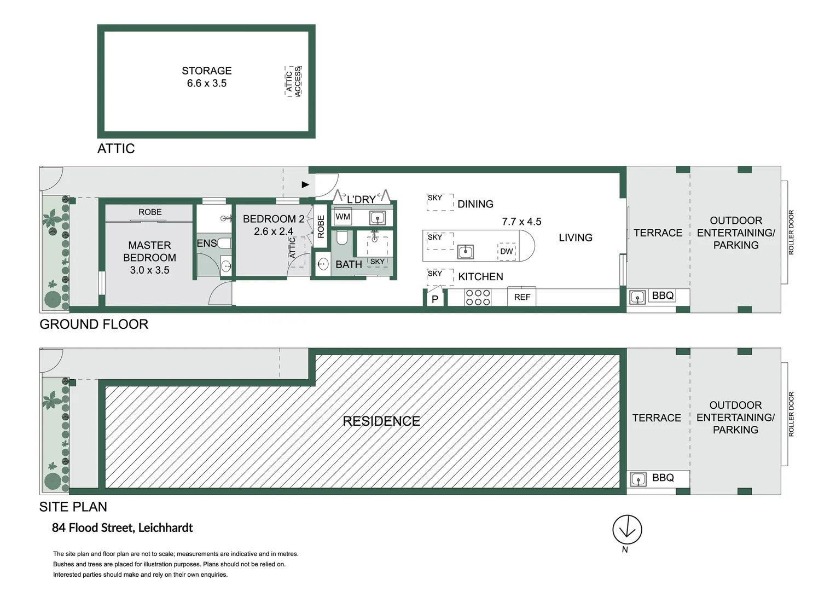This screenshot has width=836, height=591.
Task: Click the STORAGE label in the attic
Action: [x=206, y=71]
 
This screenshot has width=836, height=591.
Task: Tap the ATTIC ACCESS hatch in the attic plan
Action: [x=293, y=82]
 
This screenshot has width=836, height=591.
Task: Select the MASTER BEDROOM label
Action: [x=149, y=251]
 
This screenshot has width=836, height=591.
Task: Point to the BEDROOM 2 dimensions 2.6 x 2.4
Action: [x=273, y=231]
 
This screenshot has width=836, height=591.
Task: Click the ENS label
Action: [x=206, y=244]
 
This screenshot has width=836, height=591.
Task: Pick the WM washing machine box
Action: [x=342, y=217]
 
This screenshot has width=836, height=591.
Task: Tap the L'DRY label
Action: [x=361, y=200]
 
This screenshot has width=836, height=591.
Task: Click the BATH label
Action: [x=349, y=265]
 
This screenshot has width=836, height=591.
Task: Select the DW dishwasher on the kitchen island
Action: [x=507, y=252]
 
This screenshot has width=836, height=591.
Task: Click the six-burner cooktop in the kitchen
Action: [x=478, y=298]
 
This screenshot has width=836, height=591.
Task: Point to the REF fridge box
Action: [x=522, y=297]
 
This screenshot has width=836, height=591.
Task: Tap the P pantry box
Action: [x=435, y=299]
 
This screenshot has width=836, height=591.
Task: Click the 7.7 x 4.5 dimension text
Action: [x=521, y=222]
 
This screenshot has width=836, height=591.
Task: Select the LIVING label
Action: [x=575, y=237]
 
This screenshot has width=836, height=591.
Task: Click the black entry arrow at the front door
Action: [x=305, y=185]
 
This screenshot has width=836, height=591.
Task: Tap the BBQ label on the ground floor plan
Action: [x=663, y=296]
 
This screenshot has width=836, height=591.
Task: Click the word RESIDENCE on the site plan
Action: [x=381, y=421]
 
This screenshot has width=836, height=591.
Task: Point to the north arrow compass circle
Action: [x=627, y=530]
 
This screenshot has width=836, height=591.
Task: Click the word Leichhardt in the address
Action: [x=165, y=528]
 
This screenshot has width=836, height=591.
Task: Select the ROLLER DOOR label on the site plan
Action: [x=791, y=414]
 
